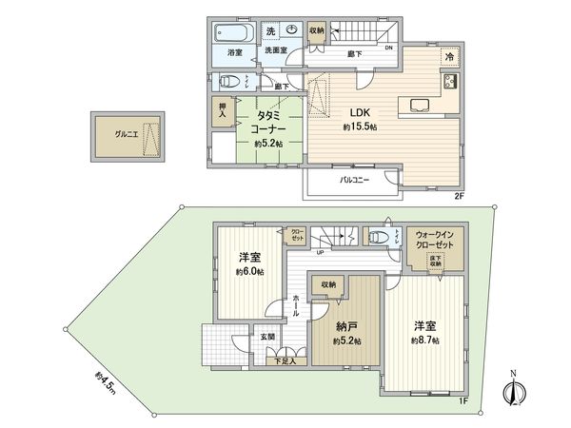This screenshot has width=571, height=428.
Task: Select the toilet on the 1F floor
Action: click(384, 238)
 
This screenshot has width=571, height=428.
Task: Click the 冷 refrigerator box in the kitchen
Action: click(449, 57)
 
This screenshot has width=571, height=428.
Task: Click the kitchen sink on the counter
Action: click(418, 103)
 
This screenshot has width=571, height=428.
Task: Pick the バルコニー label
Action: click(354, 180)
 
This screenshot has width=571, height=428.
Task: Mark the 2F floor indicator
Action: click(458, 196)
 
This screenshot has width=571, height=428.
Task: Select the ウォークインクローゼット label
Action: click(434, 238)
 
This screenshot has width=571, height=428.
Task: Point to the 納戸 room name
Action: click(345, 326)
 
